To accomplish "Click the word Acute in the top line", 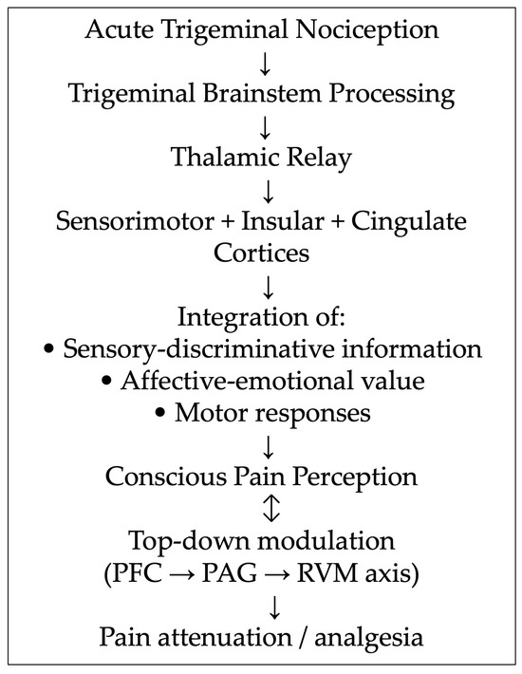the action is pyautogui.click(x=119, y=29).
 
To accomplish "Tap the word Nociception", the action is pyautogui.click(x=367, y=31).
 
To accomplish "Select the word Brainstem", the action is pyautogui.click(x=262, y=93).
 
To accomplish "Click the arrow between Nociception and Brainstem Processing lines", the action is pyautogui.click(x=265, y=64).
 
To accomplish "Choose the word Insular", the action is pyautogui.click(x=282, y=221).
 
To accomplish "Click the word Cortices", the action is pyautogui.click(x=261, y=253).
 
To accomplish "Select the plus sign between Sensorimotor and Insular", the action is pyautogui.click(x=227, y=222).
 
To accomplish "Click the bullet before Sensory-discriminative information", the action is pyautogui.click(x=49, y=349).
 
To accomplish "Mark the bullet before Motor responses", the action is pyautogui.click(x=160, y=413).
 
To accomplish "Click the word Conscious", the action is pyautogui.click(x=166, y=477).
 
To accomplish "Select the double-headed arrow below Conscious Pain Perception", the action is pyautogui.click(x=271, y=508).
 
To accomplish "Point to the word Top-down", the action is pyautogui.click(x=190, y=542).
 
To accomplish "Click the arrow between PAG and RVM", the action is pyautogui.click(x=277, y=573).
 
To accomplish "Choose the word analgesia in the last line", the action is pyautogui.click(x=368, y=638).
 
